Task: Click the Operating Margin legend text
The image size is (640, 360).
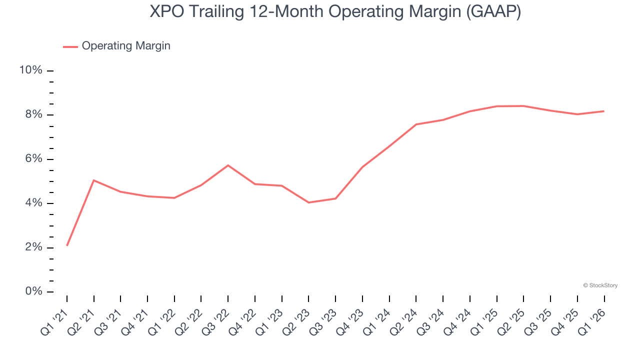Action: tap(126, 46)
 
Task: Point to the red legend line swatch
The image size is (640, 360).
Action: tap(70, 46)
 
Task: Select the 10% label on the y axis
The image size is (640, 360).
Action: tap(31, 70)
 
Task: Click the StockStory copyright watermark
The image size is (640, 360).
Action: tap(600, 285)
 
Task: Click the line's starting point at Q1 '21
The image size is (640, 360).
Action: tap(67, 245)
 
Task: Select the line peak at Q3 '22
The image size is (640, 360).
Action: tap(228, 165)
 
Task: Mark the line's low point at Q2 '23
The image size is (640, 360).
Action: tap(308, 202)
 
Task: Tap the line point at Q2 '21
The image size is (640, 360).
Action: tap(94, 180)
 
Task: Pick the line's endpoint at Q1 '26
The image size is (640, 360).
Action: tap(604, 111)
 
